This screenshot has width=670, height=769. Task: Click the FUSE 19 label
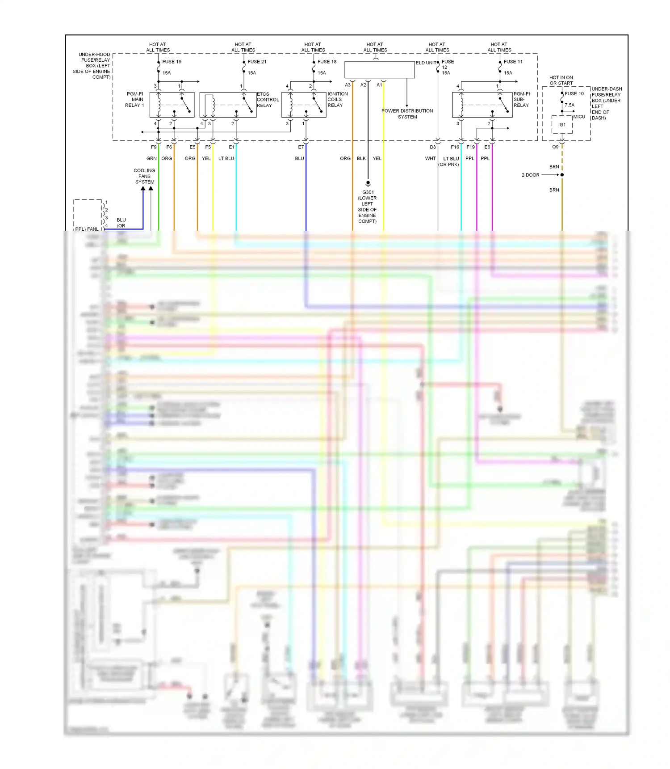(172, 62)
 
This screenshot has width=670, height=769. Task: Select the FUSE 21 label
(257, 62)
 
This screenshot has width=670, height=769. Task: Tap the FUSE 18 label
(327, 62)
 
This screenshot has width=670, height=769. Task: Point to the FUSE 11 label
(513, 62)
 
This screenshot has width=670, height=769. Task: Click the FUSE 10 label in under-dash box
(574, 93)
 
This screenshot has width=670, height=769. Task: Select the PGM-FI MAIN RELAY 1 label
(135, 100)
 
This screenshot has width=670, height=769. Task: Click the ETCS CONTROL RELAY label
(268, 100)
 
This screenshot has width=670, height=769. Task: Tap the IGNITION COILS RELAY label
(337, 100)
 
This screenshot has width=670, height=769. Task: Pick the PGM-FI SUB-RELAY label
(521, 100)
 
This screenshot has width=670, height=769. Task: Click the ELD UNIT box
(379, 70)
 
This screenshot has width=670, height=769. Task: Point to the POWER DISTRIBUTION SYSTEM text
(407, 114)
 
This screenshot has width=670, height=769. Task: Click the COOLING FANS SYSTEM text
(144, 176)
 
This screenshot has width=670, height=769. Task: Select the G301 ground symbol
(368, 183)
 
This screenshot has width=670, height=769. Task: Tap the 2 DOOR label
(530, 175)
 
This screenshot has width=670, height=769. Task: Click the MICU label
(579, 117)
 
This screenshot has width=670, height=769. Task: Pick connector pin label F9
(154, 147)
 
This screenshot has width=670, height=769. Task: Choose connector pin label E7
(301, 147)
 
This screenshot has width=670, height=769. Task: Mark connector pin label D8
(433, 147)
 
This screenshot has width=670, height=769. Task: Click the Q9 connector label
(555, 147)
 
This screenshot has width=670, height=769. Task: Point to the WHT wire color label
(430, 158)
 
